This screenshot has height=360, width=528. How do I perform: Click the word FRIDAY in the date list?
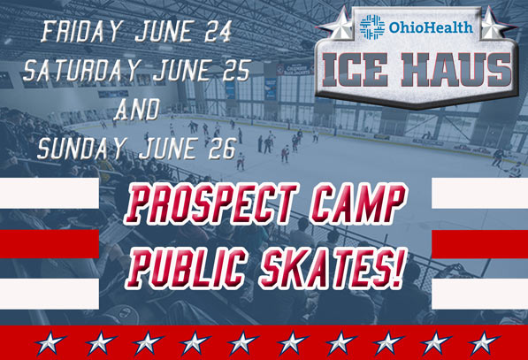click(80, 31)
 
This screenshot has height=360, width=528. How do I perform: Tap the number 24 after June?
click(218, 31)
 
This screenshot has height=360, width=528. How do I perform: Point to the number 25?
click(236, 70)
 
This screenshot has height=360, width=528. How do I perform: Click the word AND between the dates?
click(137, 110)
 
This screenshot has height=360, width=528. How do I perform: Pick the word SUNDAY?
click(81, 149)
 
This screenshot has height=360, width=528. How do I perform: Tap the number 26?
click(222, 149)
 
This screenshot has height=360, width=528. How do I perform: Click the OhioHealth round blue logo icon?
click(372, 27)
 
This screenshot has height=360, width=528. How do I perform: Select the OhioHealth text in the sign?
click(431, 27)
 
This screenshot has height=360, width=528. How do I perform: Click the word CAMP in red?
click(358, 203)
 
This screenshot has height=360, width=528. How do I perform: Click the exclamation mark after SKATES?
click(397, 269)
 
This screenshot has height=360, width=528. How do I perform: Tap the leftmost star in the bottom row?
click(50, 342)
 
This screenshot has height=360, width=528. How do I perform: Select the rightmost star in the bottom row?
click(484, 342)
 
